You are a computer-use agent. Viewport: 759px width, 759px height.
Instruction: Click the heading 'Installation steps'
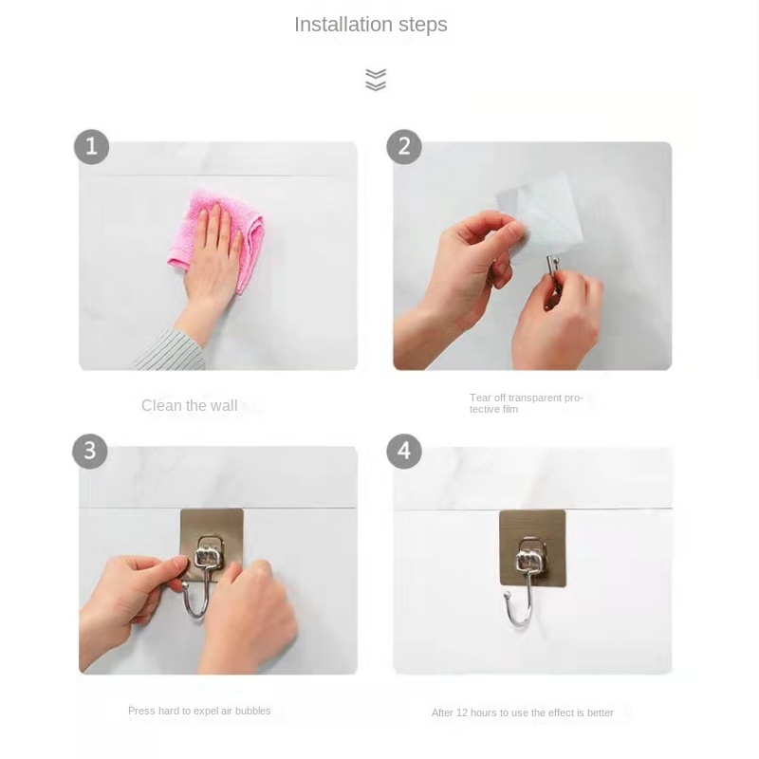[371, 25]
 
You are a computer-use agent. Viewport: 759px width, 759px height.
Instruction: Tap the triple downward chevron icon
[376, 80]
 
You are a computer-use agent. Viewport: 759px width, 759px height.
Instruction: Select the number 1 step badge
[91, 147]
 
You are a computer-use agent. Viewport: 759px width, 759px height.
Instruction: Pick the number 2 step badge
[404, 147]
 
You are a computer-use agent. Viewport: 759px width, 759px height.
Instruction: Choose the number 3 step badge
[90, 452]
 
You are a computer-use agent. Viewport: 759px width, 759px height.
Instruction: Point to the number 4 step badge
[404, 452]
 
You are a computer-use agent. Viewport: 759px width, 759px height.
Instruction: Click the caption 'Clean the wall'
[189, 406]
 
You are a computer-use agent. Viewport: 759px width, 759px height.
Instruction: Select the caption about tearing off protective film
[527, 403]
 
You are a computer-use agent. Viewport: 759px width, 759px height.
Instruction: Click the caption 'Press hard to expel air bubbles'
[199, 711]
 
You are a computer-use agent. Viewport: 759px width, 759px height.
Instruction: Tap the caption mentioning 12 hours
[523, 713]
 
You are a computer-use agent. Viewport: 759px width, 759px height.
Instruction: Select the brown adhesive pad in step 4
[532, 547]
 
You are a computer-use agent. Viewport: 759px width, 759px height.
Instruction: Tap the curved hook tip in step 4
[507, 595]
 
